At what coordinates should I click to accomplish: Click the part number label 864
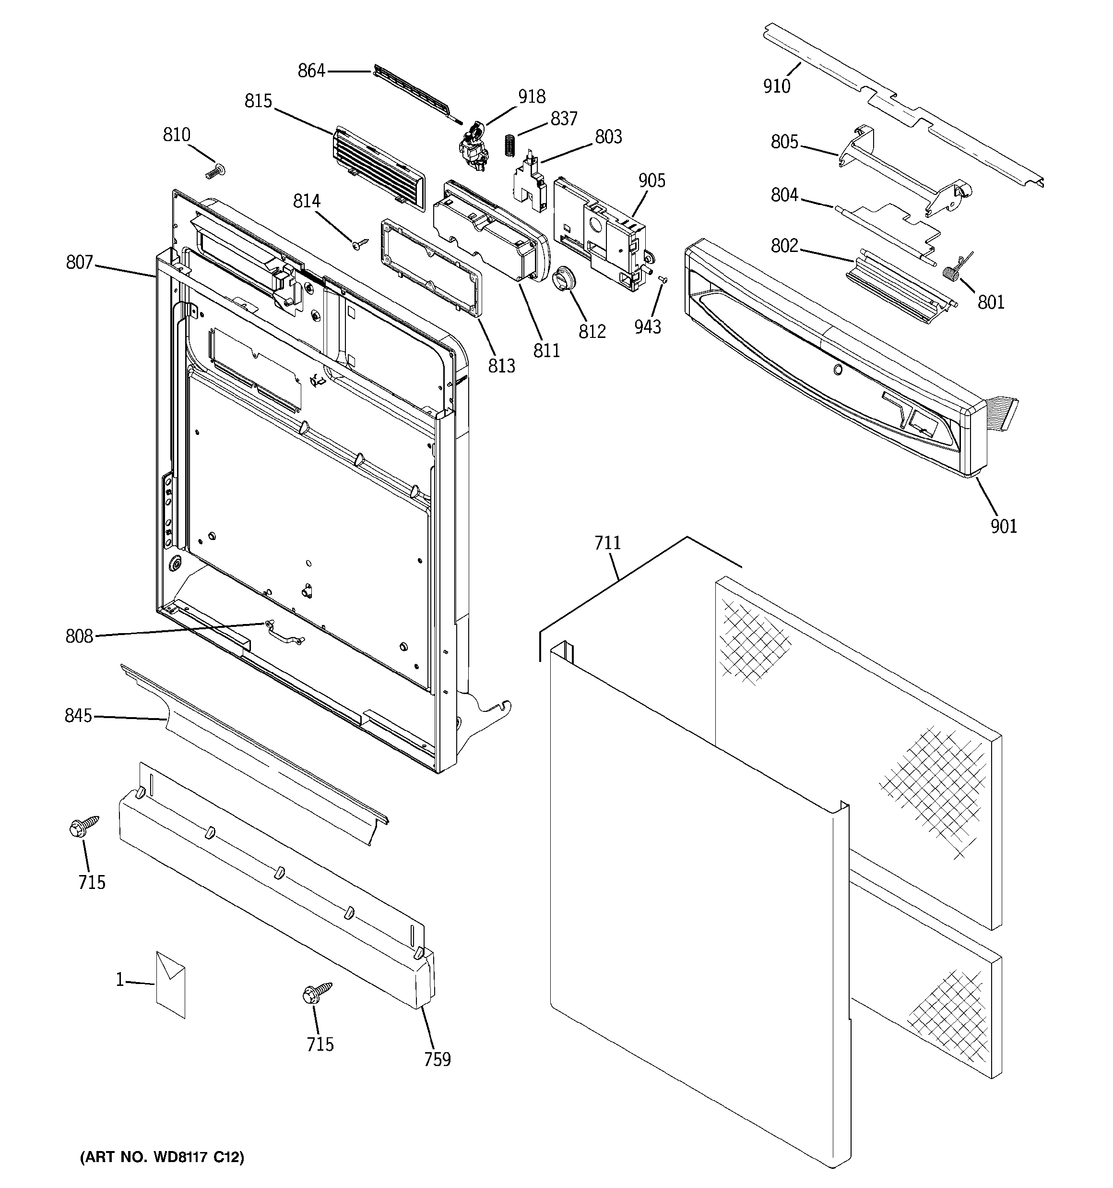click(311, 71)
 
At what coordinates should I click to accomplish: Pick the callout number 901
click(1003, 527)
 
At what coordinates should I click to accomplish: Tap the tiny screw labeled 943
click(663, 279)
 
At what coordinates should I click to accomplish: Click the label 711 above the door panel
click(607, 543)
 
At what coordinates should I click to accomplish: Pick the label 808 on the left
click(80, 636)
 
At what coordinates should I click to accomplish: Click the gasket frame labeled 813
click(430, 266)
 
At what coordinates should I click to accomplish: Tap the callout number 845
click(78, 715)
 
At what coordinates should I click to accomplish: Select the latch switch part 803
click(531, 182)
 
